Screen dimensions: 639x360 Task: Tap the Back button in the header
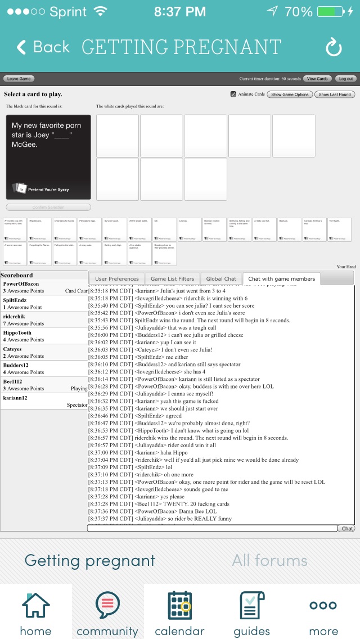click(43, 47)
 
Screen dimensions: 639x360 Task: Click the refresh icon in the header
click(334, 48)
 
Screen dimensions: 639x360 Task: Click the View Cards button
click(317, 79)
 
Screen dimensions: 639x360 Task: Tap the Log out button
click(345, 79)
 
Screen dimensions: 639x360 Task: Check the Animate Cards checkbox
click(233, 94)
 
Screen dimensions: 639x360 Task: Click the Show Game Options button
click(290, 94)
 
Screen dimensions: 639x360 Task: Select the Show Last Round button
click(335, 94)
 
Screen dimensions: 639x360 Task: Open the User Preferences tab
click(116, 278)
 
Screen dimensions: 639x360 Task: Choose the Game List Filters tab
click(172, 278)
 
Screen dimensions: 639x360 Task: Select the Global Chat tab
click(221, 278)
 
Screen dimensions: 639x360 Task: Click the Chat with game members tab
click(281, 278)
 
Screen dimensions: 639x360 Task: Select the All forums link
click(269, 560)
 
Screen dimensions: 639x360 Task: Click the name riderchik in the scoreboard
click(14, 317)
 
